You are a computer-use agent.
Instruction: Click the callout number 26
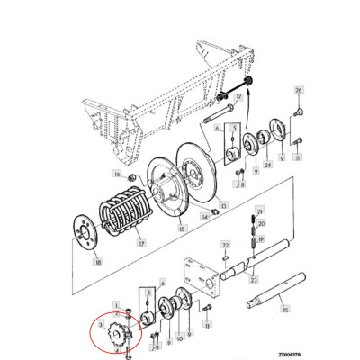300,91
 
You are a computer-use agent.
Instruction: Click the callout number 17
140,241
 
